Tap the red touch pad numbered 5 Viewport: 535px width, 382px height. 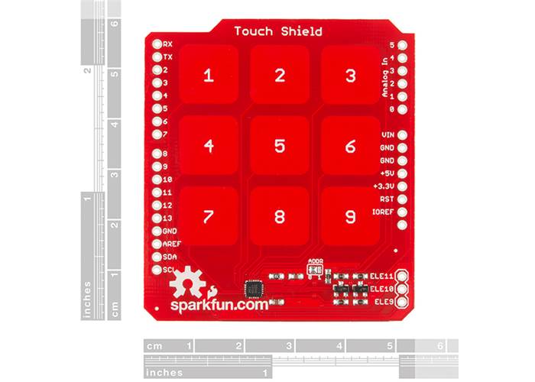coord(280,145)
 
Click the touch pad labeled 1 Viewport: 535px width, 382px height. coord(209,75)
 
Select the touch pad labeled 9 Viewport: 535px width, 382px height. coord(350,216)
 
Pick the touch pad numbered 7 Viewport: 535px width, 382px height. coord(209,216)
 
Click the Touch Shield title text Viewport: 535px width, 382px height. coord(277,31)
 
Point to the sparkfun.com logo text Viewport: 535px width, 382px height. coord(219,305)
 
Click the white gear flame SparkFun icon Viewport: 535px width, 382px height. coord(188,285)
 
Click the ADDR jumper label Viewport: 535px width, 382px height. coord(315,262)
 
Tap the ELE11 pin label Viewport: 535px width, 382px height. coord(381,276)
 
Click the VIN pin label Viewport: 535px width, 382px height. coord(387,134)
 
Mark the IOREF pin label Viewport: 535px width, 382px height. coord(382,212)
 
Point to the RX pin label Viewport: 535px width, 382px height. coord(167,44)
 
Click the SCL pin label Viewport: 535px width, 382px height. coord(169,270)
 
